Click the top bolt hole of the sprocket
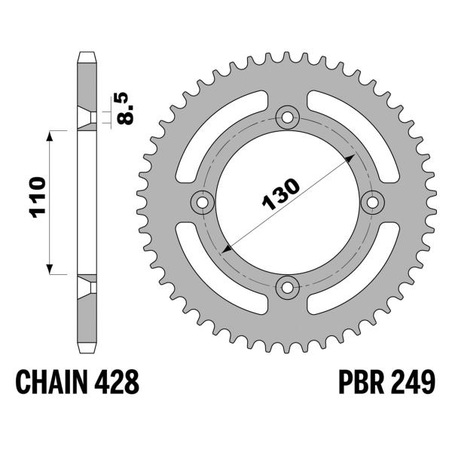287,117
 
